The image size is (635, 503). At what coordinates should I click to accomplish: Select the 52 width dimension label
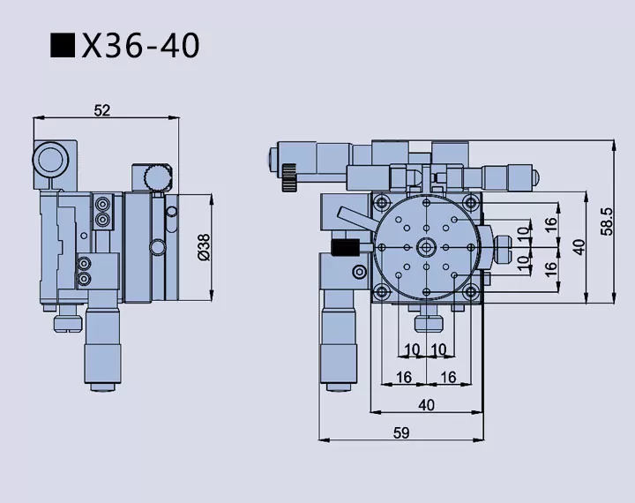(102, 110)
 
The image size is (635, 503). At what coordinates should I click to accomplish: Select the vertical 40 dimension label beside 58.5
(579, 246)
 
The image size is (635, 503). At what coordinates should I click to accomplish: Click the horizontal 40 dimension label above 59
(426, 405)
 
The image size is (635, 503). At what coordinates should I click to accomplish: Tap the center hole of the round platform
(427, 246)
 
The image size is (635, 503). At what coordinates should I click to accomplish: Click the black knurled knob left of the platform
(343, 246)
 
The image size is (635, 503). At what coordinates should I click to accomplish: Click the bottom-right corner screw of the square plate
(470, 291)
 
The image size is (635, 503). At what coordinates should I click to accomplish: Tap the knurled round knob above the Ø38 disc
(157, 176)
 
